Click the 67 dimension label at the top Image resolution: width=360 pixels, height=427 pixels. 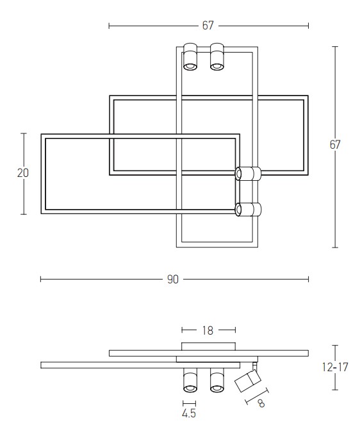pos(208,26)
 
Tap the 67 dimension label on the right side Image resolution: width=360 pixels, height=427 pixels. pos(335,145)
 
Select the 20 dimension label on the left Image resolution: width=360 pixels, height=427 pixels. pos(23,173)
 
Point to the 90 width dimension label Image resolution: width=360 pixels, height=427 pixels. pos(173,280)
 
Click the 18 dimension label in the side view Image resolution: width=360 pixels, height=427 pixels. pos(208,331)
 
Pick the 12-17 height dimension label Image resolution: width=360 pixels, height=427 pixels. pos(335,367)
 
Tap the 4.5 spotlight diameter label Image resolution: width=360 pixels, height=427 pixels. pos(189,414)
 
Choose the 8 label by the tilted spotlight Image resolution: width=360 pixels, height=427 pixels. pos(261,403)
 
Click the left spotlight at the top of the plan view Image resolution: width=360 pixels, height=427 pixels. pos(190,56)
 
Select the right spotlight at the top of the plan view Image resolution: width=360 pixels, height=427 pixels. pos(217,56)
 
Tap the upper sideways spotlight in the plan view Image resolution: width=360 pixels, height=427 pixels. pos(248,174)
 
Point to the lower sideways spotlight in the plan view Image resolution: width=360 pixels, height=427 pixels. pos(248,210)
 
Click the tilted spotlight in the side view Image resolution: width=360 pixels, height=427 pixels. pos(248,380)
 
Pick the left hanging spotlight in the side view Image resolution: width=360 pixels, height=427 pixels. pos(190,380)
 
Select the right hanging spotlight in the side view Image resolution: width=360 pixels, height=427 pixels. pos(217,380)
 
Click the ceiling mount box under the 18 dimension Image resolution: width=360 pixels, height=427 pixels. pos(208,346)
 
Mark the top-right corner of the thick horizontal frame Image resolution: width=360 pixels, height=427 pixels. pos(308,96)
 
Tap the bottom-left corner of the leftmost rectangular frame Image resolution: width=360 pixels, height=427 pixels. pos(41,213)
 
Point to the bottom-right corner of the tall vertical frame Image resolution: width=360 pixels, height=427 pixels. pos(258,247)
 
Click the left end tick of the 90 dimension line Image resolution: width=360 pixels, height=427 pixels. pos(40,279)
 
